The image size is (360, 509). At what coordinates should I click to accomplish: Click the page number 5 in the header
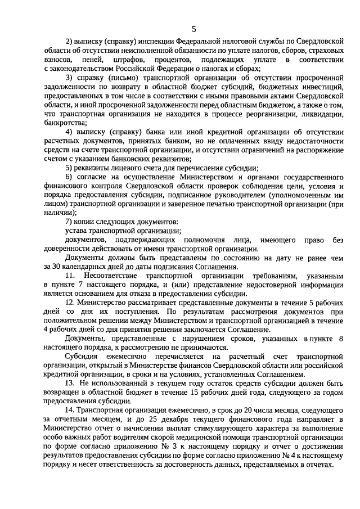pos(193,29)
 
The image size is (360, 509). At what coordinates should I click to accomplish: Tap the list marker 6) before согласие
pos(70,177)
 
